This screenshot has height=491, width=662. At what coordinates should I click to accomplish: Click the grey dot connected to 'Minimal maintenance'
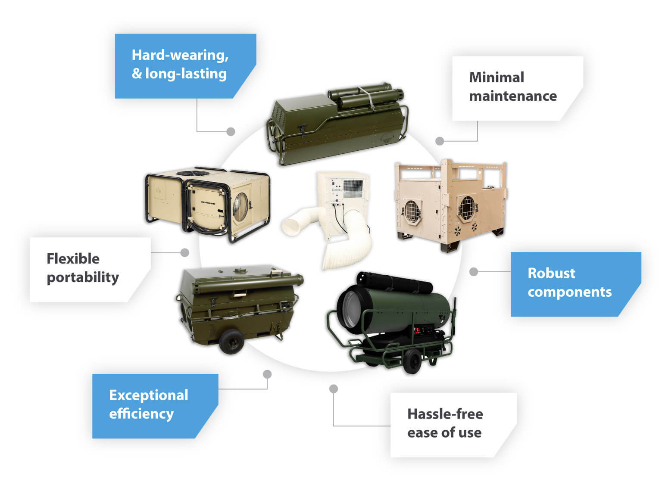[440, 141]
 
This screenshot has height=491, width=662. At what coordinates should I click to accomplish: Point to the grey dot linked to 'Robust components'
[474, 271]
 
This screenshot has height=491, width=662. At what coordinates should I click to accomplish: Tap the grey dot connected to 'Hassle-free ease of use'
[333, 388]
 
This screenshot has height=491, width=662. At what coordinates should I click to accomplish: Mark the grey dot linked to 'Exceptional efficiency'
[267, 374]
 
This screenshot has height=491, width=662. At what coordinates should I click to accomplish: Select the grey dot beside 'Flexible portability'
[184, 252]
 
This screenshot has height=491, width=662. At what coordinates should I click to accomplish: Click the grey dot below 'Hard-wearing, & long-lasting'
[231, 131]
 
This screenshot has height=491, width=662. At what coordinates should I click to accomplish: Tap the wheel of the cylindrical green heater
[412, 361]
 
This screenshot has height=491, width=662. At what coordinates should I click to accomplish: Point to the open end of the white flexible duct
[293, 226]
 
